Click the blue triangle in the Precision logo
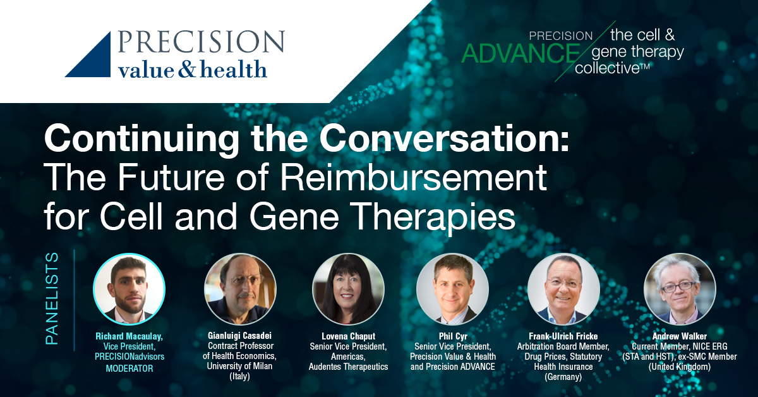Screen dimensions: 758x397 (x=95, y=61)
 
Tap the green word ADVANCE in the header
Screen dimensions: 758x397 (x=520, y=53)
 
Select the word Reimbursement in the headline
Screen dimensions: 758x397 (x=414, y=177)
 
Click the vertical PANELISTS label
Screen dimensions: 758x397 (x=52, y=299)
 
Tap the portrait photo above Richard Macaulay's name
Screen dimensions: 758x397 (x=129, y=290)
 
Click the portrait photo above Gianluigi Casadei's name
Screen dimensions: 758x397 (x=240, y=290)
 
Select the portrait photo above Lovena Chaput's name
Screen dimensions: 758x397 (x=348, y=290)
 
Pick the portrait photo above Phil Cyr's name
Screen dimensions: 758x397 (x=453, y=290)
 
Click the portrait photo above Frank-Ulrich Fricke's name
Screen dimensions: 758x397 (x=563, y=290)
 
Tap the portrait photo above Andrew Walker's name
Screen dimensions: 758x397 (x=680, y=290)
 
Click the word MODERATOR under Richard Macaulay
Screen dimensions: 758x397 (x=129, y=368)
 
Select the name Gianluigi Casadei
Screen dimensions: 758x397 (x=239, y=336)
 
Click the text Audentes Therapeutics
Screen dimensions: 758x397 (x=348, y=367)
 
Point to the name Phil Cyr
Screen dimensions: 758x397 (x=453, y=336)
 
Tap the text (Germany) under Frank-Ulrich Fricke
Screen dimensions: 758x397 (x=563, y=377)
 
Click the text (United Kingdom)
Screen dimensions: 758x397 (x=680, y=367)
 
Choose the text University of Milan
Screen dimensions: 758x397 (x=239, y=366)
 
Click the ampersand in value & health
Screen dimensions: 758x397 (x=187, y=68)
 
